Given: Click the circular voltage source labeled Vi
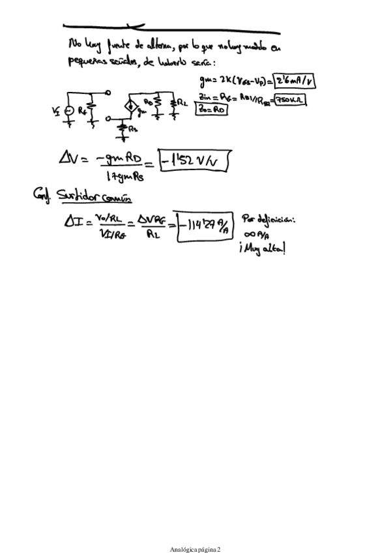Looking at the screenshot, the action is click(x=69, y=112).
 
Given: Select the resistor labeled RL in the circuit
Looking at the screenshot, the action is click(x=174, y=104).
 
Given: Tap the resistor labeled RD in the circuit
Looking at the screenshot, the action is click(x=156, y=104).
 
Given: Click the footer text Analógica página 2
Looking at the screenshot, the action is click(x=195, y=531).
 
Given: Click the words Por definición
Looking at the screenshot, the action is click(x=268, y=218).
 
